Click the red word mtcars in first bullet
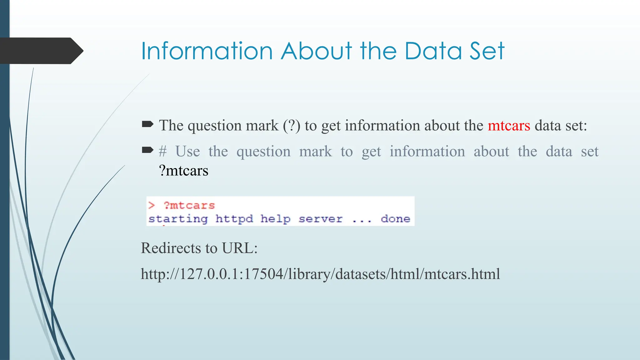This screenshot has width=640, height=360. (x=509, y=126)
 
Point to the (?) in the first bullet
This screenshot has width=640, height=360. (x=292, y=126)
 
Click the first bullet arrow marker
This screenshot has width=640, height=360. (x=147, y=125)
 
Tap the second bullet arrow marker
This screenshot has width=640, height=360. (x=147, y=151)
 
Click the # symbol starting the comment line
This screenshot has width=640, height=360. (x=162, y=152)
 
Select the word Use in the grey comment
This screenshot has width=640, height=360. (x=187, y=152)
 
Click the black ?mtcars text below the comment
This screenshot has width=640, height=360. (x=184, y=171)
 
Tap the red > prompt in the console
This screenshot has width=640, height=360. (x=152, y=205)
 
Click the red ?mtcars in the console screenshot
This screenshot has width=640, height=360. (x=189, y=205)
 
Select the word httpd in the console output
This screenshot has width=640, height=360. (x=234, y=219)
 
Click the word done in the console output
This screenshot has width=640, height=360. (x=395, y=219)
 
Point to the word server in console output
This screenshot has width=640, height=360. (x=320, y=219)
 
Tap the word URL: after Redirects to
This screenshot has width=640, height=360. (x=240, y=248)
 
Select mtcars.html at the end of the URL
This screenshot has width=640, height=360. (x=462, y=274)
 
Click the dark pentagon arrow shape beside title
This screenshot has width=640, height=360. (x=41, y=51)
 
